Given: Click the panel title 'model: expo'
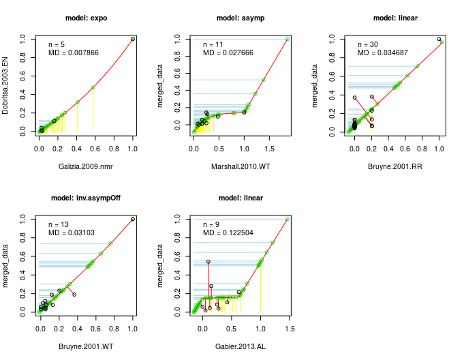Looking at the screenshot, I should click(86, 17).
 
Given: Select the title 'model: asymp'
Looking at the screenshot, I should click(240, 17).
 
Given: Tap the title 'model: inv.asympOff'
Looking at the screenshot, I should click(86, 198).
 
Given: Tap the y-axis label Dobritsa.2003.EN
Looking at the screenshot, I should click(5, 85).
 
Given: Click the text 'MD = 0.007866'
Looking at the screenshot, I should click(76, 52).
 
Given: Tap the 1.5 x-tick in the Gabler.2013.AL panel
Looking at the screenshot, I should click(289, 329).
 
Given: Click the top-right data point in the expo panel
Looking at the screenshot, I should click(132, 39).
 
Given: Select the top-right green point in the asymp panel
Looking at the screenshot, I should click(288, 39).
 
